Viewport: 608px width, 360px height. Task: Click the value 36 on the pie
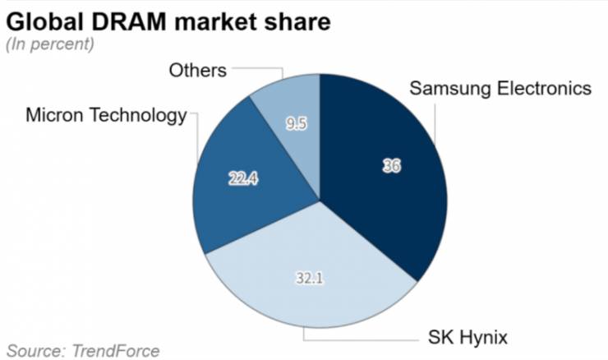[391, 165]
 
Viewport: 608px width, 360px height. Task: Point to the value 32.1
[309, 278]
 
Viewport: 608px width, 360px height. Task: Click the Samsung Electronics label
[501, 88]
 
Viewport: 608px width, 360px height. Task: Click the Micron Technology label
[106, 115]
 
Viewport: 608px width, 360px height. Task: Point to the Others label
[197, 70]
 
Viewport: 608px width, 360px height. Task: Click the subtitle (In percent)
[50, 44]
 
